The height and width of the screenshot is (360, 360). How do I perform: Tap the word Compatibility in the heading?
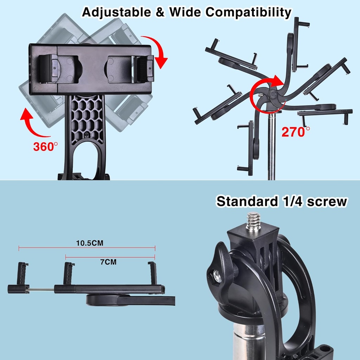tap(248, 12)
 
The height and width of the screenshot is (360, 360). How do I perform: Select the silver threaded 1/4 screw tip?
tap(253, 221)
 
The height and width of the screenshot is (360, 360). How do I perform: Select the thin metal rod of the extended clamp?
tap(41, 290)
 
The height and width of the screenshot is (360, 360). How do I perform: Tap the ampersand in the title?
tap(162, 12)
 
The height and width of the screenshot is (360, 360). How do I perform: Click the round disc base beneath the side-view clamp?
tap(102, 300)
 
